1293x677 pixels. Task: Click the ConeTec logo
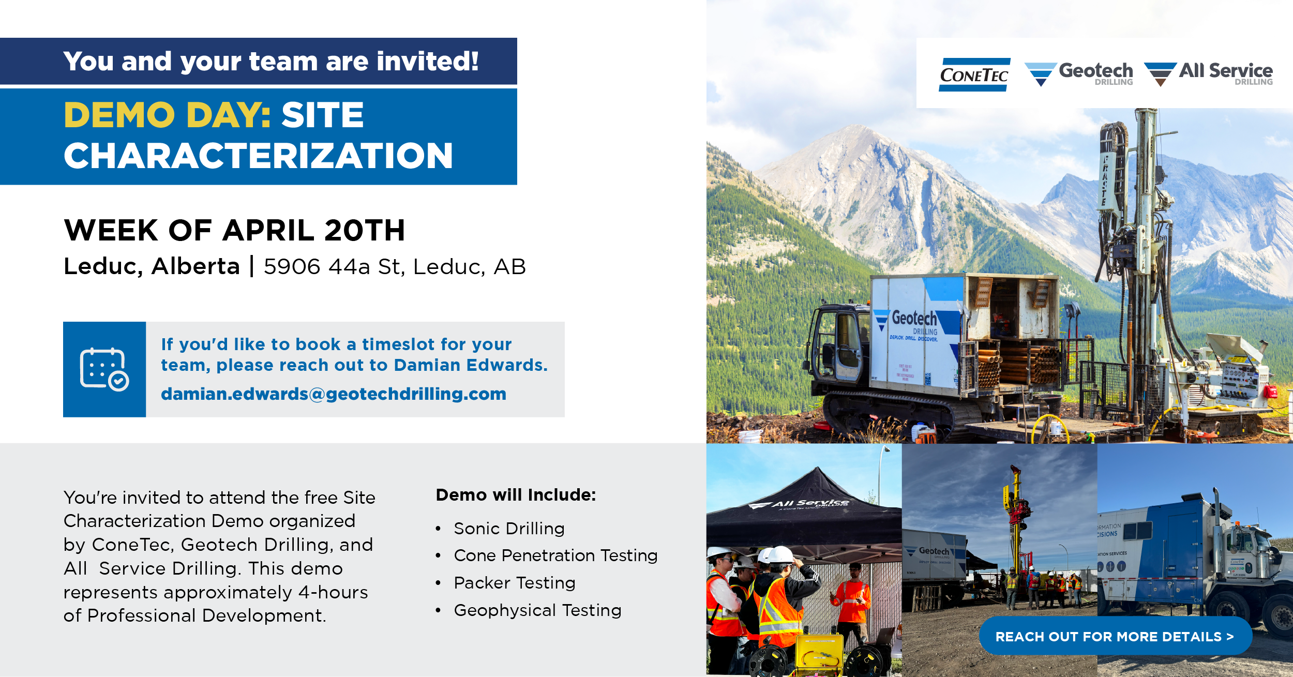coord(974,75)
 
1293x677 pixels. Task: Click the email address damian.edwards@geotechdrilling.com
coord(334,394)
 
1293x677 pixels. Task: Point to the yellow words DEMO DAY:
coord(167,115)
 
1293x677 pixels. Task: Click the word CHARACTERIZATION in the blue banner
coord(258,156)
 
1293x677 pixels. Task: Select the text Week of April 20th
coord(234,230)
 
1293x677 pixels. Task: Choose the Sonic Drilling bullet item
coord(509,529)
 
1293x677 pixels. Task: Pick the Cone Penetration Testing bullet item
coord(555,555)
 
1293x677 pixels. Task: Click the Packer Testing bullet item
coord(515,583)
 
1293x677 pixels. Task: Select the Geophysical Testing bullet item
coord(537,610)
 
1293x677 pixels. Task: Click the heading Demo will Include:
coord(516,495)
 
